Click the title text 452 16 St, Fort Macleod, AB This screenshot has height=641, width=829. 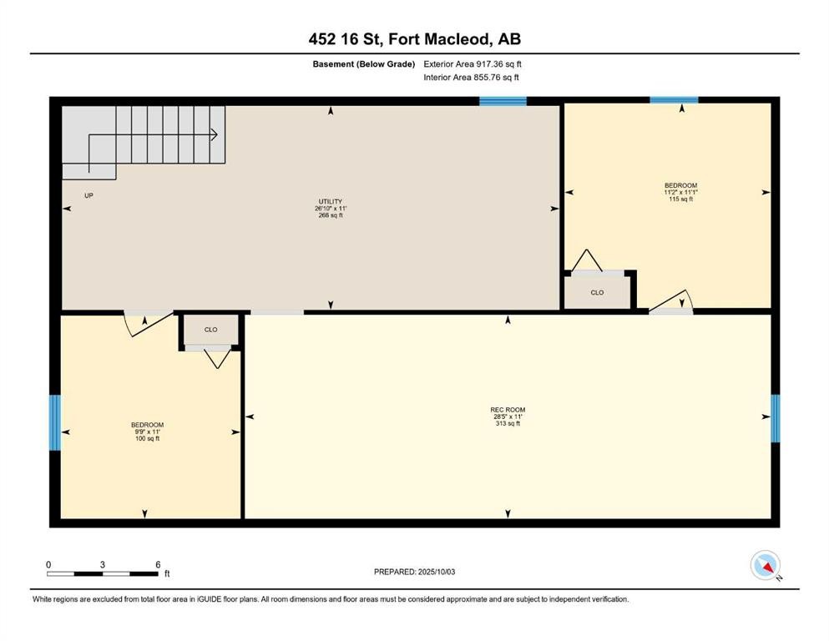(x=414, y=39)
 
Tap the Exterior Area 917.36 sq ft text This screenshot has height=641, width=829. (x=473, y=63)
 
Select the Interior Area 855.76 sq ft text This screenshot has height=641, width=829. (x=472, y=78)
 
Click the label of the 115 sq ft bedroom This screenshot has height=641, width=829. (x=680, y=191)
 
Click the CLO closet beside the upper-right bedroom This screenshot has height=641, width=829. (x=597, y=293)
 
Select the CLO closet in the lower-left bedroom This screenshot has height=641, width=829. (x=211, y=330)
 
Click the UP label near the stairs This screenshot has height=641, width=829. (x=88, y=196)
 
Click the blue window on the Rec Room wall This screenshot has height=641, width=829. (x=775, y=417)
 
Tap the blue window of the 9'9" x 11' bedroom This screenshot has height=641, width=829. (x=55, y=422)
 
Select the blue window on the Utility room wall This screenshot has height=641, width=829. (x=503, y=101)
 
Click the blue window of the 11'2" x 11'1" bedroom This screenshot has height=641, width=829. (x=674, y=100)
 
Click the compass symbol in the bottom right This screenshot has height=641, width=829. (x=765, y=566)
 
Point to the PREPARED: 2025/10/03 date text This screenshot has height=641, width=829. (x=415, y=572)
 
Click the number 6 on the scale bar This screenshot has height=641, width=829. (x=158, y=564)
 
